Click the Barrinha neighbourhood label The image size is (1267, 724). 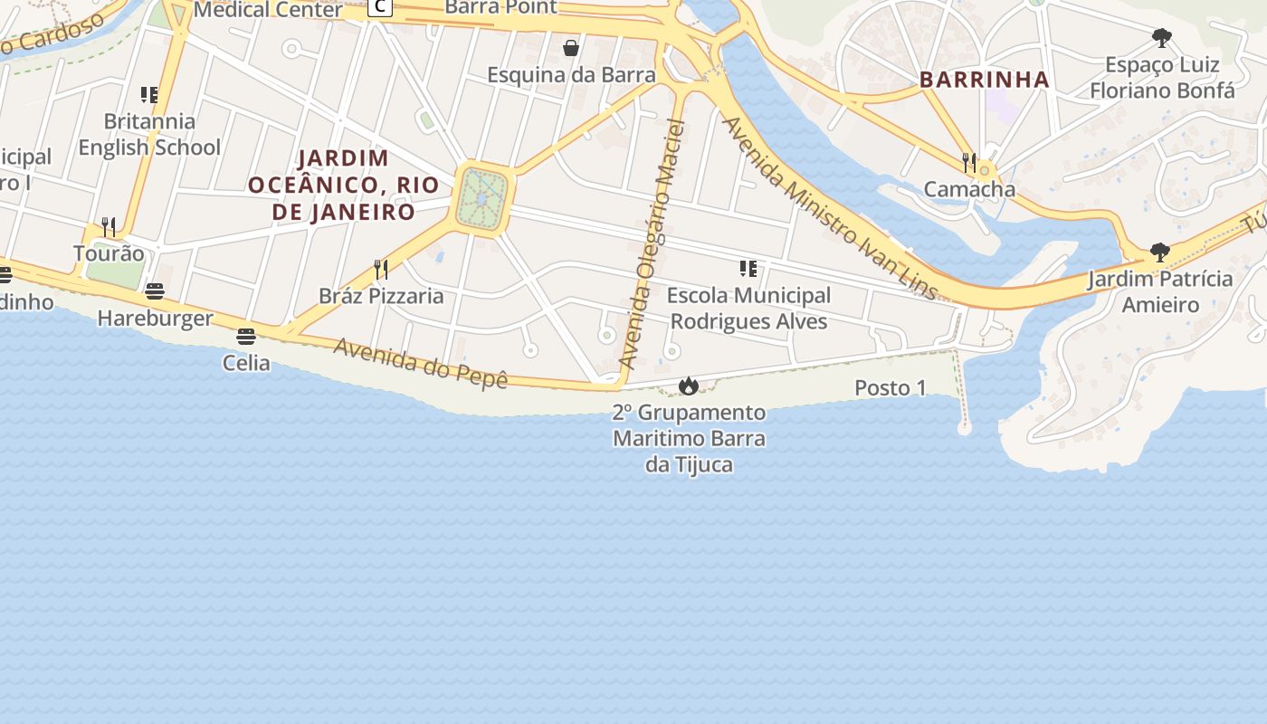coord(985,80)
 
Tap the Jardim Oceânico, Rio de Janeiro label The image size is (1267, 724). coord(344,186)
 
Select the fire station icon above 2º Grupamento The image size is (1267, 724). coord(689,386)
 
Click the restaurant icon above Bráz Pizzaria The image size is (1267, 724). coord(381,270)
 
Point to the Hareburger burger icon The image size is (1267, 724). coord(155,291)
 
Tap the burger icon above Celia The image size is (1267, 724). coord(246,337)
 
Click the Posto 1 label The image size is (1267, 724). coord(891,388)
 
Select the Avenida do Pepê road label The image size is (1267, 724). coord(421,362)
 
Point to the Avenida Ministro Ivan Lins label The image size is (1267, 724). coord(829,207)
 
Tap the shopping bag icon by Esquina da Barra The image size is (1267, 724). coord(571,48)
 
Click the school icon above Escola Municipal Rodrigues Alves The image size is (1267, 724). coord(748,269)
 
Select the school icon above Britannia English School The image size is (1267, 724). coord(149,95)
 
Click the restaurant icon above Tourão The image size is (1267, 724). coord(109,226)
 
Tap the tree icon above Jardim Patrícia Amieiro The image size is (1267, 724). coord(1159,252)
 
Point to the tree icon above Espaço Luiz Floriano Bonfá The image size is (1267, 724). coord(1162,38)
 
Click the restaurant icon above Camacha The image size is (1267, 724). coord(969,163)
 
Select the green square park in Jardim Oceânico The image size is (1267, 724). coord(482,198)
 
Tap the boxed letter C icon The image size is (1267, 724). coord(381,7)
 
